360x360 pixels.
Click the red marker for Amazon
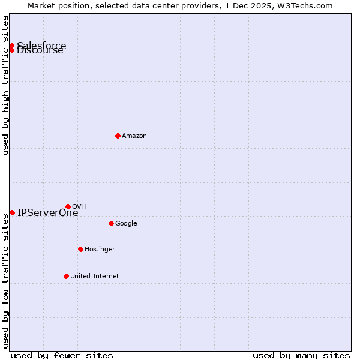coord(118,136)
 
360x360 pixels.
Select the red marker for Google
coord(111,223)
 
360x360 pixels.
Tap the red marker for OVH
coord(68,206)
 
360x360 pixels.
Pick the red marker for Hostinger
coord(80,249)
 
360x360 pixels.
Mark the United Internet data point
coord(66,276)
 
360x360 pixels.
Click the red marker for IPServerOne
coord(12,212)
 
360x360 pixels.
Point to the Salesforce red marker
coord(11,46)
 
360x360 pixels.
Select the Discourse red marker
coord(11,50)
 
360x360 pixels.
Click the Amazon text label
coord(134,136)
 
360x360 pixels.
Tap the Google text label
coord(126,223)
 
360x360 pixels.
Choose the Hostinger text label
coord(100,249)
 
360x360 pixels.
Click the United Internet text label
coord(94,276)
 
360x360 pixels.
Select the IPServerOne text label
coord(48,213)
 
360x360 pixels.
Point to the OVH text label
coord(79,206)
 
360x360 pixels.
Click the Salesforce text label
coord(42,45)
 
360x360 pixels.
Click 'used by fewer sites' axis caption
coord(62,355)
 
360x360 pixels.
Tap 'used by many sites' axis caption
coord(301,355)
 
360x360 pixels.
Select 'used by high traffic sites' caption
coord(5,85)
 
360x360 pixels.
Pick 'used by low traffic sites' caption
coord(5,281)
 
